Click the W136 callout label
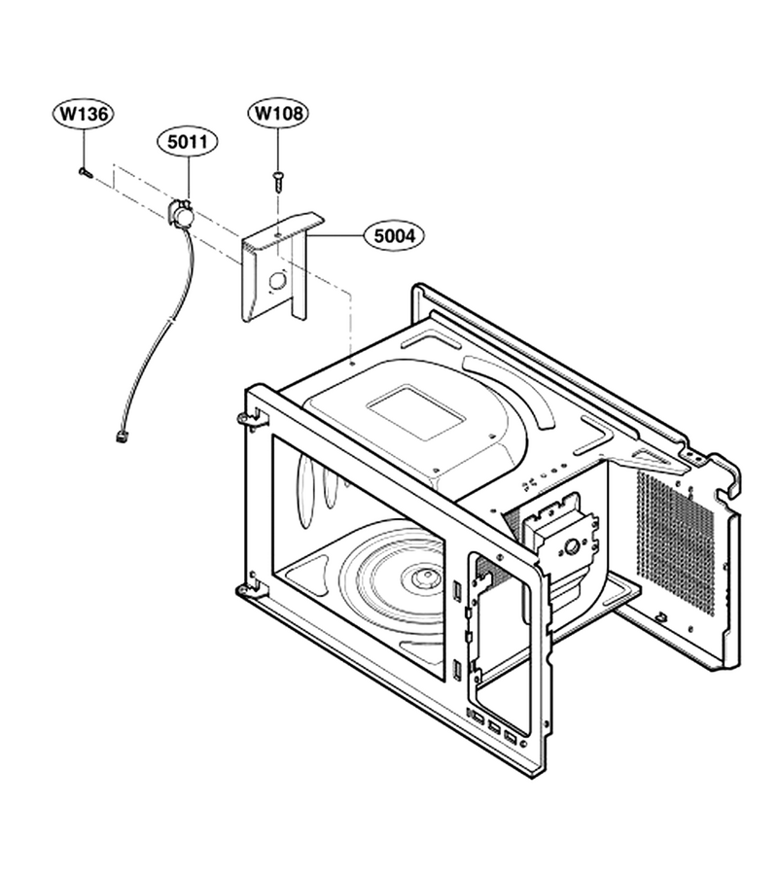(x=84, y=114)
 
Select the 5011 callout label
(x=188, y=142)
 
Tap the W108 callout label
(x=278, y=114)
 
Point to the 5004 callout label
(x=394, y=236)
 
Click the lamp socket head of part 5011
(x=181, y=213)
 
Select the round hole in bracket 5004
(x=277, y=281)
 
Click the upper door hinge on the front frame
(x=251, y=420)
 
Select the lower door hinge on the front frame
(x=251, y=589)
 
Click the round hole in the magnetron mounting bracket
(x=572, y=547)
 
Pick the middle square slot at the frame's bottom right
(x=494, y=727)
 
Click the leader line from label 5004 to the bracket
(x=335, y=236)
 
